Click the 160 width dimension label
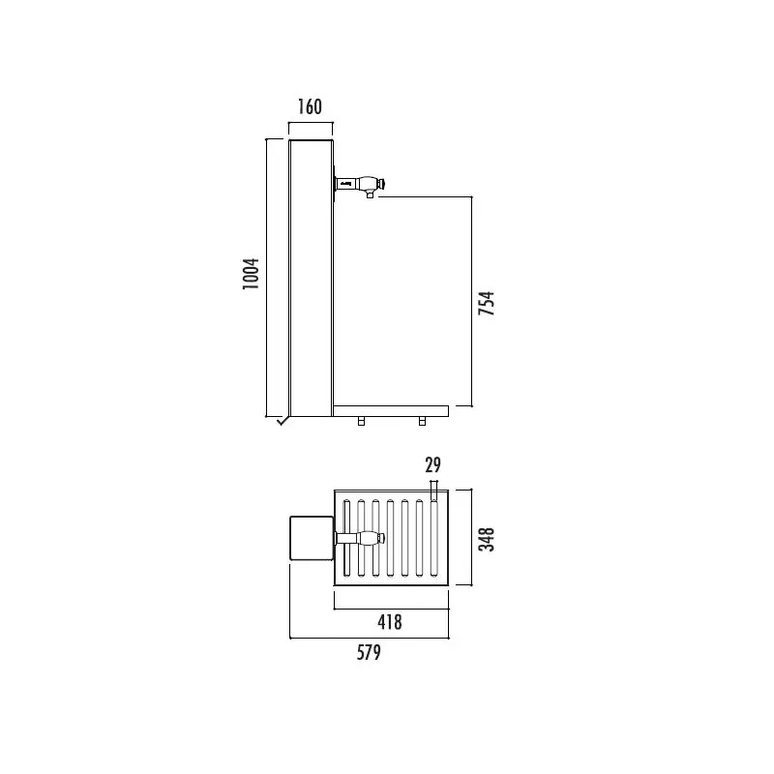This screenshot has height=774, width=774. tap(310, 106)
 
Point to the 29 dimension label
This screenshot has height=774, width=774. tap(433, 465)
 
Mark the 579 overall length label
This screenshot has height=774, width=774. tap(368, 653)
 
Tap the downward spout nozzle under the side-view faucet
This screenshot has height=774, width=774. tap(370, 194)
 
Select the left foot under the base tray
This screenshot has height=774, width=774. tap(361, 421)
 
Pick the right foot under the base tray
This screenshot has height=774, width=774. tap(422, 421)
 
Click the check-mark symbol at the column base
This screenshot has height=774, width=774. tap(282, 420)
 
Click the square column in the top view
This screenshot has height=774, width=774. tap(312, 539)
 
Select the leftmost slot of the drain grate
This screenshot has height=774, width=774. tap(346, 539)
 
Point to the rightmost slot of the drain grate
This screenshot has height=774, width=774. tap(433, 539)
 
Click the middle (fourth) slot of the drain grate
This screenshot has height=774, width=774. tap(390, 539)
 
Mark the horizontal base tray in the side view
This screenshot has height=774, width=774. tap(391, 411)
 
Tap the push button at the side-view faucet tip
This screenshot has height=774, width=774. tap(382, 182)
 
